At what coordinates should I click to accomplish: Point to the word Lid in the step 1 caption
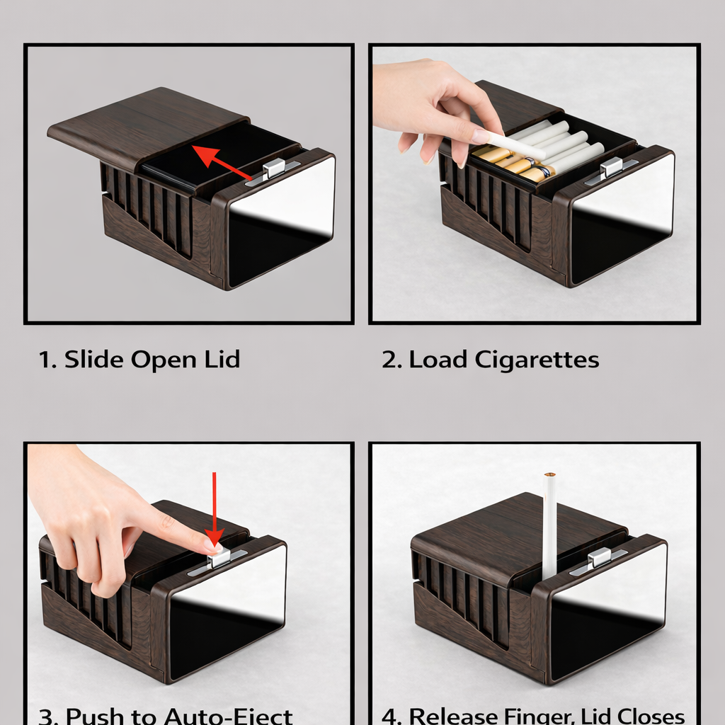pyautogui.click(x=222, y=360)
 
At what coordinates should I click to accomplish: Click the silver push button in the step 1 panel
pyautogui.click(x=273, y=169)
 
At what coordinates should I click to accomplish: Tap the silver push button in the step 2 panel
pyautogui.click(x=611, y=167)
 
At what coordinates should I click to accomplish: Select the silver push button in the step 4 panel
pyautogui.click(x=599, y=558)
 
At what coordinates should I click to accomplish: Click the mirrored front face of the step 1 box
pyautogui.click(x=281, y=219)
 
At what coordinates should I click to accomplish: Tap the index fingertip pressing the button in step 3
pyautogui.click(x=212, y=544)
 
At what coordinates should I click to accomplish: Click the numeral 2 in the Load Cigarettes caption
pyautogui.click(x=389, y=360)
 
